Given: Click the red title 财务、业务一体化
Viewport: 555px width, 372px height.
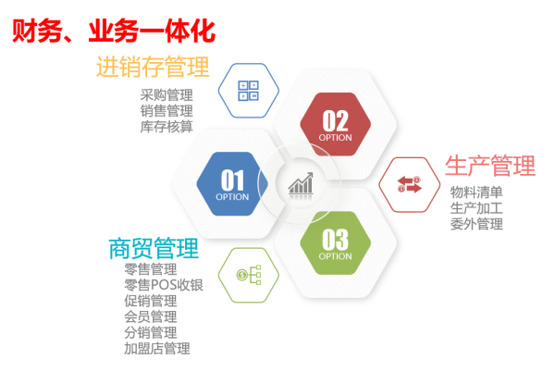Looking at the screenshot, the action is pos(114,31).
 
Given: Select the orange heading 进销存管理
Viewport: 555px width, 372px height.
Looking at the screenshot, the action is pos(153,67).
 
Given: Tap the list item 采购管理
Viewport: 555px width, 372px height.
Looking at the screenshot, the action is pos(166,95).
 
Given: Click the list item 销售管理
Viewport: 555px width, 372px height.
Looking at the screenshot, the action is pos(166,111).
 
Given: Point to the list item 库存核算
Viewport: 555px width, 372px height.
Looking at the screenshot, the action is pos(166,127).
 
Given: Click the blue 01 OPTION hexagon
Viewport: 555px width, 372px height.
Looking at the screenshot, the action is pos(232,184).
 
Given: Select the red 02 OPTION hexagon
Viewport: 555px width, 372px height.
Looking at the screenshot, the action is pos(335,124).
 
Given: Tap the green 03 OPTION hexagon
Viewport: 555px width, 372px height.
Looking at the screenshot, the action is pos(335,243).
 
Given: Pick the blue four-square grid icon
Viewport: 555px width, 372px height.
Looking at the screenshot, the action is pos(249,91).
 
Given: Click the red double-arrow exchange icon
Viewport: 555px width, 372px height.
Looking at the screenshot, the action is pos(409,184).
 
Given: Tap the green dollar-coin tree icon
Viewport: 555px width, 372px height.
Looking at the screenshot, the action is pos(249,275).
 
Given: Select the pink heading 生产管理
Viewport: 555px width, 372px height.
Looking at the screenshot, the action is pos(490,166).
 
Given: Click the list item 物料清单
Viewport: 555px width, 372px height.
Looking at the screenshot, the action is pos(476,192).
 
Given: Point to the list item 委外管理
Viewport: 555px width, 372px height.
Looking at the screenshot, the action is pos(476,224).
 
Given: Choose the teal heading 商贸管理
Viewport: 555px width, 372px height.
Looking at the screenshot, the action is pos(154,249).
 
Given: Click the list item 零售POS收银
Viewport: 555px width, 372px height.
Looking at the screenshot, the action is pos(164,285).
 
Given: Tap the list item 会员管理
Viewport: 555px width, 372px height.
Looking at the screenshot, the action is pos(151,316).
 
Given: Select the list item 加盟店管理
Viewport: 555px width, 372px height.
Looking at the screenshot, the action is pos(157,348).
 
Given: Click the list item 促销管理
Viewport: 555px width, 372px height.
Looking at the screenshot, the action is pos(151,301).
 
